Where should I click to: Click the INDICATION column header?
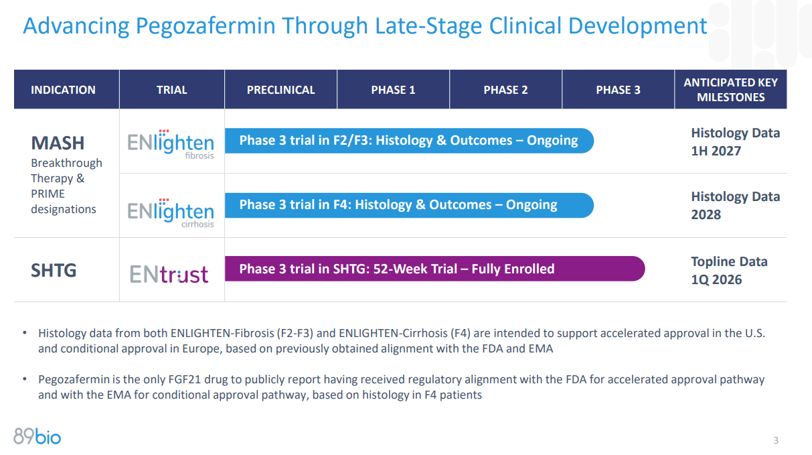63,90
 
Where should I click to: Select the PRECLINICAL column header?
280,90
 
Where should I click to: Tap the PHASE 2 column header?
505,90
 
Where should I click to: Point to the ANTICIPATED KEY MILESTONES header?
730,90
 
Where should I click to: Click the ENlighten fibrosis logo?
171,143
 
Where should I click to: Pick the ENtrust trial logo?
169,274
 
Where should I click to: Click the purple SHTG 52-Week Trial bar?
434,269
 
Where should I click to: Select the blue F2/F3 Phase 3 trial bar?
408,141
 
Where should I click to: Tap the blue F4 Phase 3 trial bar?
408,205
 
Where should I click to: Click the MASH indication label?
58,143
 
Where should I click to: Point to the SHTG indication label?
54,271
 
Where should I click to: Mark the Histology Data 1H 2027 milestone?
735,142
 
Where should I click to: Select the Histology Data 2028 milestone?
735,206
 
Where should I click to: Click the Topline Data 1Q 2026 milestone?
729,270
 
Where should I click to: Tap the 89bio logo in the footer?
37,437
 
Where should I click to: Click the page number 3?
776,440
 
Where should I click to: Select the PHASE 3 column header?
618,90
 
